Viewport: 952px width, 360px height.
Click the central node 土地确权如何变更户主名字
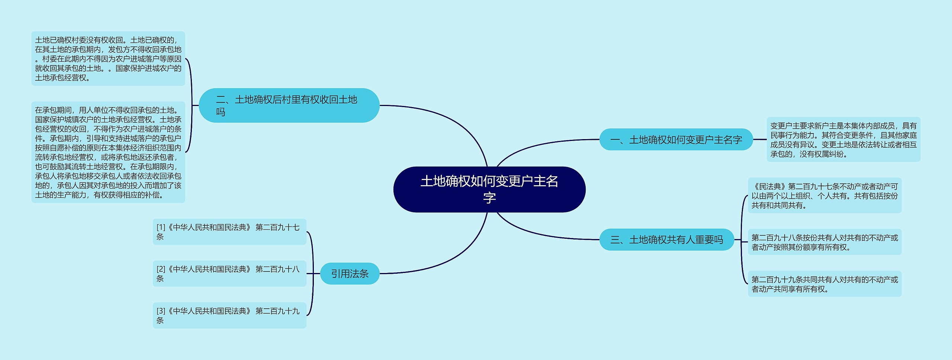click(x=489, y=189)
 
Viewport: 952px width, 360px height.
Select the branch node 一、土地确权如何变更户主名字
click(x=676, y=139)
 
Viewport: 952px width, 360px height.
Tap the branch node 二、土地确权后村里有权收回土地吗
click(x=289, y=105)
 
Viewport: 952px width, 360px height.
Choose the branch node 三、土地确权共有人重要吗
click(x=666, y=240)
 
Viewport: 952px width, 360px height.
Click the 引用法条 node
click(x=350, y=274)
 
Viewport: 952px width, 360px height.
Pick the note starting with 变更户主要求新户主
click(x=843, y=139)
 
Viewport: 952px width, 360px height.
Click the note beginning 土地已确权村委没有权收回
click(x=108, y=59)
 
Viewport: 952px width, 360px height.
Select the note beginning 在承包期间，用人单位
click(x=108, y=152)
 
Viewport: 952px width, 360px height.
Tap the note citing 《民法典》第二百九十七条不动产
click(x=824, y=195)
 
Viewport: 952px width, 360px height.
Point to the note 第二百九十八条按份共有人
click(x=824, y=242)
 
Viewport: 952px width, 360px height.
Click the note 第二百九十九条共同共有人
click(x=824, y=284)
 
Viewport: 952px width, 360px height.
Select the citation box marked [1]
click(x=229, y=232)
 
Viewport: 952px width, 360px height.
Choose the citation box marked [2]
click(x=229, y=273)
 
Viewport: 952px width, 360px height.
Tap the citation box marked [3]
click(x=229, y=315)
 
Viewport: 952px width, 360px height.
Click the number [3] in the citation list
click(x=161, y=311)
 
